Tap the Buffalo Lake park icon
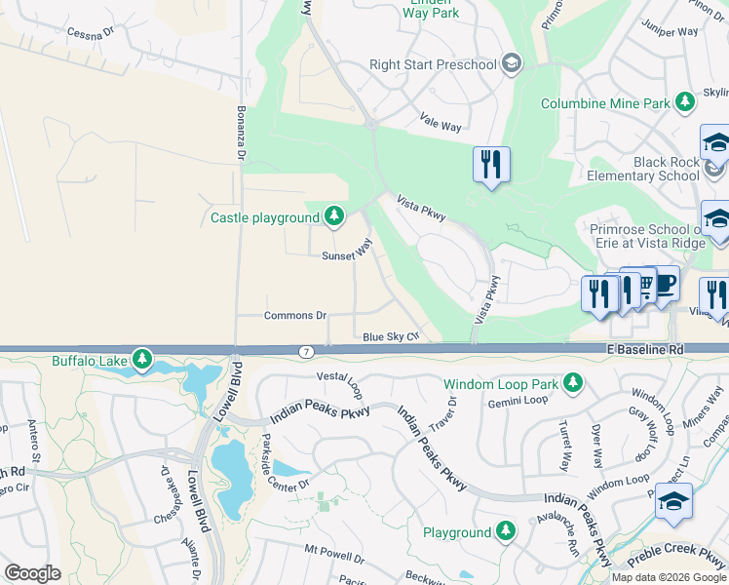point(142,361)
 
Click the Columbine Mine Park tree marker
point(686,102)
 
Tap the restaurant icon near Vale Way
point(491,164)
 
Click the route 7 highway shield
point(307,350)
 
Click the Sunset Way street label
point(348,252)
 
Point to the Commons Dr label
point(295,316)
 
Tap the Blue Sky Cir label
point(390,336)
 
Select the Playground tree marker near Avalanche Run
point(505,531)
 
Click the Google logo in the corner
point(32,573)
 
